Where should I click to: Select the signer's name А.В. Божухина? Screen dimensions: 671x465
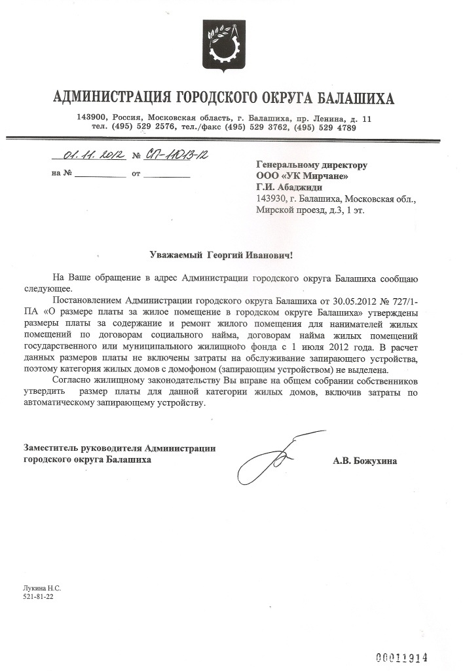point(365,461)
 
